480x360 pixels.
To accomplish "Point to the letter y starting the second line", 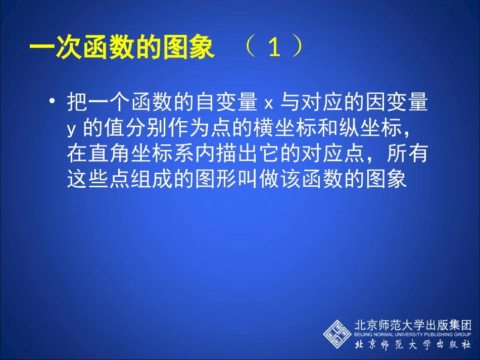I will pos(71,130).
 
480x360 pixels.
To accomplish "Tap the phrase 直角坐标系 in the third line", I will pos(130,154).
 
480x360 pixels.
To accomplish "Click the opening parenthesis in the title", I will pos(250,48).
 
